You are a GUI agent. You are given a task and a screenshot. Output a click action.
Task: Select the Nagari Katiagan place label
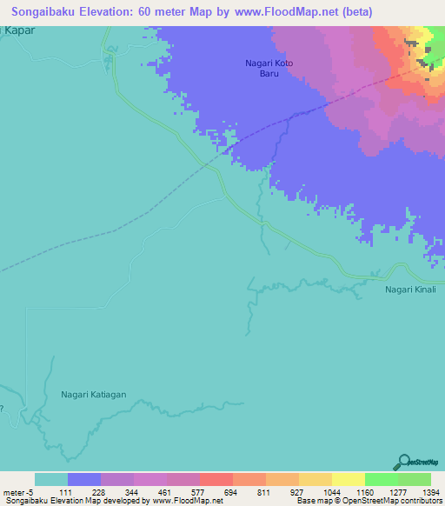click(x=94, y=394)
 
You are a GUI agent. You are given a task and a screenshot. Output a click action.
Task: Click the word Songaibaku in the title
click(x=50, y=12)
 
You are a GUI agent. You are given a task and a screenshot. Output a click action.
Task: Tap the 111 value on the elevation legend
click(x=68, y=491)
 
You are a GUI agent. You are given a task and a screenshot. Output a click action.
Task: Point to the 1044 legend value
click(x=332, y=491)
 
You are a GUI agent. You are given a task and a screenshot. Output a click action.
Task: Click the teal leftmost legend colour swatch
click(x=51, y=479)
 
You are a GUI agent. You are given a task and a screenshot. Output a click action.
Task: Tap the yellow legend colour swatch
click(x=348, y=479)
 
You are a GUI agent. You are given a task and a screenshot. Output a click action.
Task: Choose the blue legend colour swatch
click(x=84, y=479)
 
